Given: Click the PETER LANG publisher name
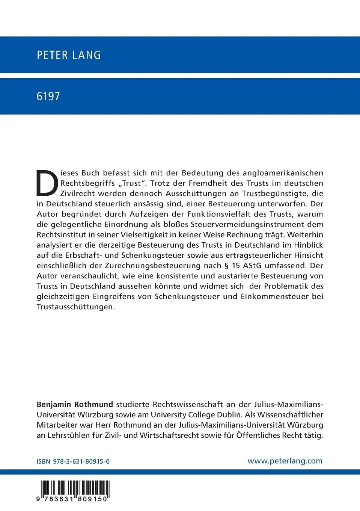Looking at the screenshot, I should click(69, 55).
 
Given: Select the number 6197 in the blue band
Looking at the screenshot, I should click(48, 96).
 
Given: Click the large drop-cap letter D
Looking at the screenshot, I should click(47, 183).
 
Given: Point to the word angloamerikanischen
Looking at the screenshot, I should click(283, 173).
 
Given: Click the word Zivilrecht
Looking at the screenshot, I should click(77, 194).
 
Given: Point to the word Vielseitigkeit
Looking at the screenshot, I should click(146, 235).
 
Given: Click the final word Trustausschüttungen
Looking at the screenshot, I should click(75, 307).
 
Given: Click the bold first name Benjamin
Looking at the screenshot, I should click(54, 405).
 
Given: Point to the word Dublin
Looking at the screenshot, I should click(229, 415).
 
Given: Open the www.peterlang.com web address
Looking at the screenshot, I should click(285, 461).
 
